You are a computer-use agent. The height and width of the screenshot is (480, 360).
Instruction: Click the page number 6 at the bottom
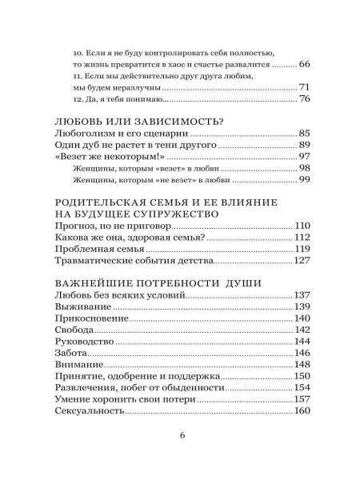pos(183,436)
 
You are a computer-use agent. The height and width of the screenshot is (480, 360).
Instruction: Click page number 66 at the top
pos(304,62)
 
